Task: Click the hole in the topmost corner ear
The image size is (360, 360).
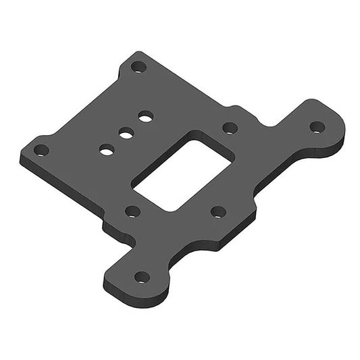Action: [x=138, y=68]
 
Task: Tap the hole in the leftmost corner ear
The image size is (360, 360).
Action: [x=41, y=150]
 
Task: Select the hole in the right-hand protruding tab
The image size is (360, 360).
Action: [x=317, y=126]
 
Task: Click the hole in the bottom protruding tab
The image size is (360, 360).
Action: [x=142, y=276]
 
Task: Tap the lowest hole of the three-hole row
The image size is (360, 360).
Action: [x=106, y=149]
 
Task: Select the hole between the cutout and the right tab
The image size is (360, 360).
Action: [x=230, y=127]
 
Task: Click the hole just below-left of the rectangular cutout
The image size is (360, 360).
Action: [x=133, y=211]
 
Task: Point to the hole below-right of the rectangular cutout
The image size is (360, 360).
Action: [x=217, y=211]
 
